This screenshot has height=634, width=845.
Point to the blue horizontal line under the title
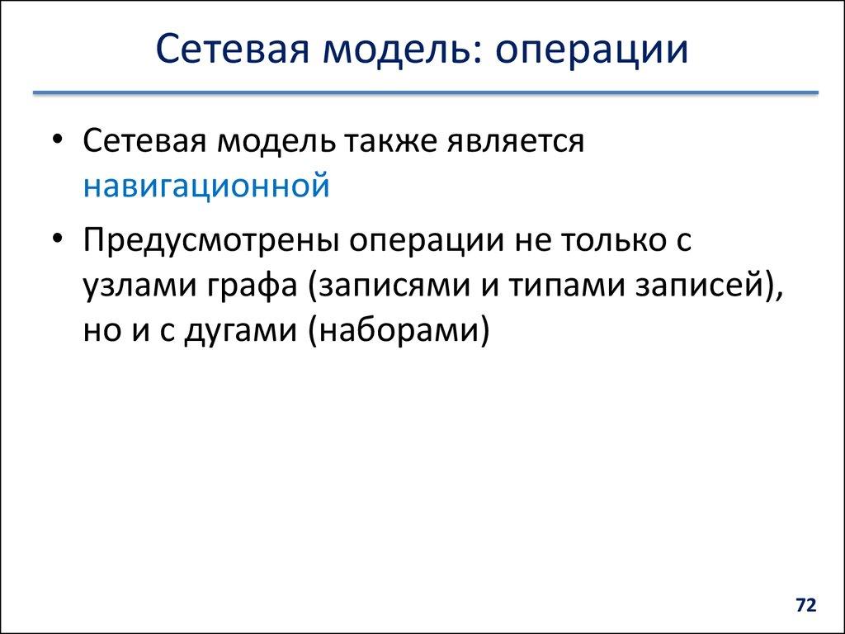(x=425, y=93)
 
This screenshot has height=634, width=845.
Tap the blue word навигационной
(x=206, y=186)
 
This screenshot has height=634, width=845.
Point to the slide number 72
(x=805, y=606)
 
